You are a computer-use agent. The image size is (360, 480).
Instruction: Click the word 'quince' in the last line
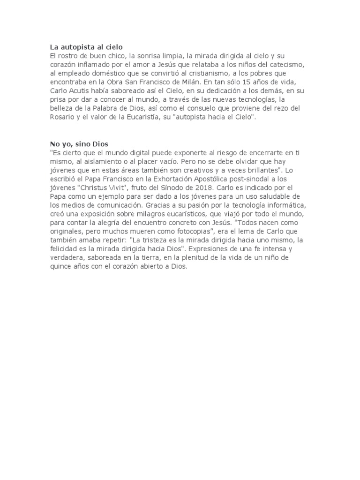pyautogui.click(x=61, y=267)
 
